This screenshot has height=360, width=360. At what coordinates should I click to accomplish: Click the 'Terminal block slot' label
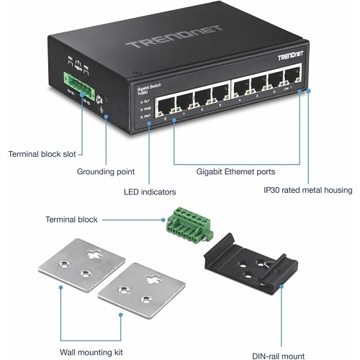point(42,153)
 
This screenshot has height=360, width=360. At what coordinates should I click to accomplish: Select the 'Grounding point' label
point(107,172)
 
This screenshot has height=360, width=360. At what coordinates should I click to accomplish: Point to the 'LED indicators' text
point(150,192)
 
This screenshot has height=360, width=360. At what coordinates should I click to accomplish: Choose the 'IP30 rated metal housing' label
point(307,191)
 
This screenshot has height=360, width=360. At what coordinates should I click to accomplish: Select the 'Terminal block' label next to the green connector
point(71,220)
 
